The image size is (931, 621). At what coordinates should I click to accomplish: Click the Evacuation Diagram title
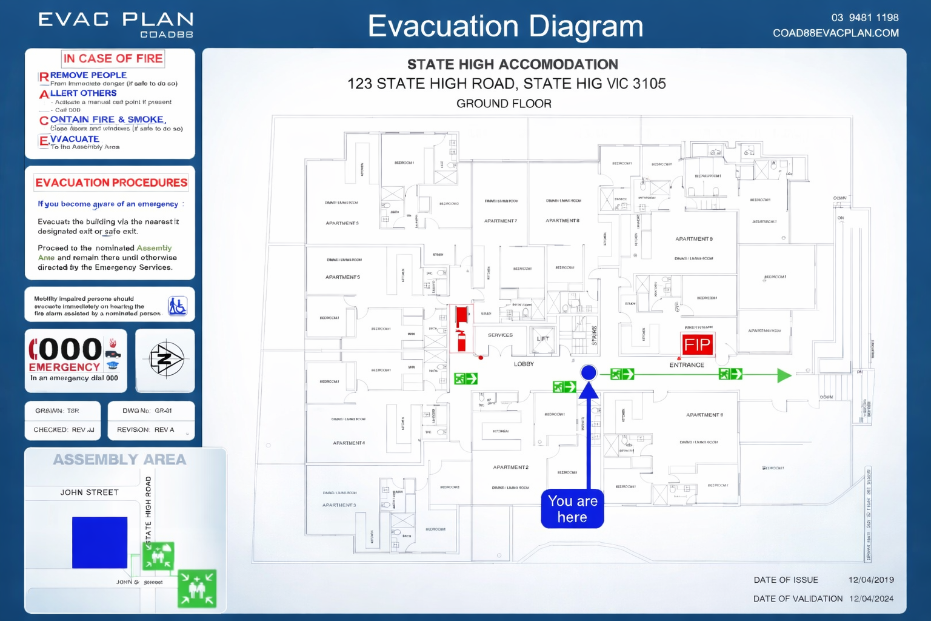[505, 26]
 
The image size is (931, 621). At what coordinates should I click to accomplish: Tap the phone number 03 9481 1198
[864, 18]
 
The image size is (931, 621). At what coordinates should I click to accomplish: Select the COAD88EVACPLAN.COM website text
[835, 33]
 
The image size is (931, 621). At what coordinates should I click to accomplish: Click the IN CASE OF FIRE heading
[113, 59]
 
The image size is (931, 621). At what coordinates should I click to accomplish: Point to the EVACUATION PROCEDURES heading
[111, 183]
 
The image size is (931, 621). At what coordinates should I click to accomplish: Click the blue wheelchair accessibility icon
[178, 306]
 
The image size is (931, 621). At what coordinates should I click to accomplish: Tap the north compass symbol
[165, 360]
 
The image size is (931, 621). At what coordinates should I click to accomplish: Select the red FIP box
[697, 345]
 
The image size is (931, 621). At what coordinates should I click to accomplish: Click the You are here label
[572, 509]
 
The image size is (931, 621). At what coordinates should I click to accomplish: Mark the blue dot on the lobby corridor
[588, 372]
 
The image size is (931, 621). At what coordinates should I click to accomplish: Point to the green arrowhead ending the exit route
[784, 375]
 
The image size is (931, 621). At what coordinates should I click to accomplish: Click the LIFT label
[542, 339]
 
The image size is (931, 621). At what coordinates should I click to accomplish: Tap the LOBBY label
[524, 364]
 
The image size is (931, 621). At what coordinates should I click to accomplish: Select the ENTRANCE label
[687, 365]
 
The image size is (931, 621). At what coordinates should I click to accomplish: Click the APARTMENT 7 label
[500, 221]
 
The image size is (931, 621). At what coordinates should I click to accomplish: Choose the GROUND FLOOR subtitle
[504, 104]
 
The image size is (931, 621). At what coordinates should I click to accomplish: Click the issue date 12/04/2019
[871, 580]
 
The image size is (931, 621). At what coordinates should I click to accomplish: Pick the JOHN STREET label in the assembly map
[89, 492]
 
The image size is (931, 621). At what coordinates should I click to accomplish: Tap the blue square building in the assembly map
[99, 542]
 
